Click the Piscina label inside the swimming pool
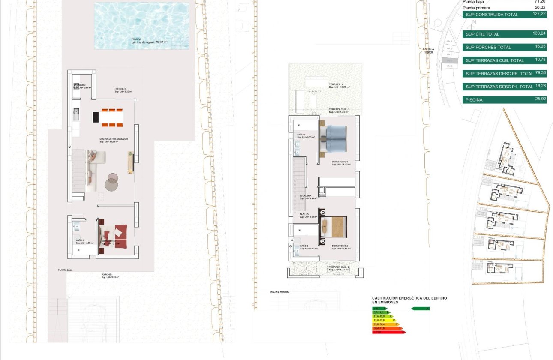(x=136, y=39)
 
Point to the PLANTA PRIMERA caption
(x=280, y=292)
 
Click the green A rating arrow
(x=420, y=309)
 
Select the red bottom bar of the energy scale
(x=388, y=332)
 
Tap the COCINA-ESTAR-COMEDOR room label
(x=114, y=139)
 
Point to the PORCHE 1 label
(x=107, y=274)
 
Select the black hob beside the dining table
(x=96, y=117)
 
